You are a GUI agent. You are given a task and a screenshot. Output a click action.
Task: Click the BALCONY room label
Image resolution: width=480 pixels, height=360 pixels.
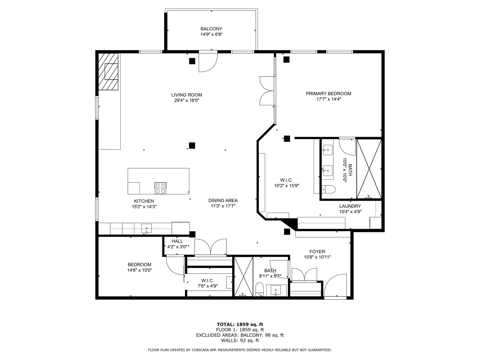pyautogui.click(x=211, y=28)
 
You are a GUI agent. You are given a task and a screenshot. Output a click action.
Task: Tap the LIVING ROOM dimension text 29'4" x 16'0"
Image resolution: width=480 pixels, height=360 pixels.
pyautogui.click(x=187, y=100)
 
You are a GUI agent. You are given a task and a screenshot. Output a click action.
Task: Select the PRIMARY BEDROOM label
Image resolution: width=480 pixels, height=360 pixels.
pyautogui.click(x=328, y=94)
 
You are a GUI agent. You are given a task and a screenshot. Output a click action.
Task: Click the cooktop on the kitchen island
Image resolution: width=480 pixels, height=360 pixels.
pyautogui.click(x=160, y=188)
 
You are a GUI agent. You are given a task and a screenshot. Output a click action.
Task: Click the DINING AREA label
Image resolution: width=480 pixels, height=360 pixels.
pyautogui.click(x=223, y=200)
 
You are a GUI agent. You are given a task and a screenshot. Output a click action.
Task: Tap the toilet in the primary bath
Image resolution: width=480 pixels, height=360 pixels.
pyautogui.click(x=329, y=189)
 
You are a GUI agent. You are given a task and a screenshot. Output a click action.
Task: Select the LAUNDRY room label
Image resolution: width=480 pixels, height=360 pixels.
pyautogui.click(x=350, y=206)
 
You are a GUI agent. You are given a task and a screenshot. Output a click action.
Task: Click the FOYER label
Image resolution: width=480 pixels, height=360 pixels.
pyautogui.click(x=317, y=252)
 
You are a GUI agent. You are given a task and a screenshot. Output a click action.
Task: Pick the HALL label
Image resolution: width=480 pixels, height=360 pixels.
pyautogui.click(x=177, y=241)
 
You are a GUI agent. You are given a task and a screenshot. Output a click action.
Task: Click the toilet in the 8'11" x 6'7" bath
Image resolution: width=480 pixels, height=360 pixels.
pyautogui.click(x=260, y=289)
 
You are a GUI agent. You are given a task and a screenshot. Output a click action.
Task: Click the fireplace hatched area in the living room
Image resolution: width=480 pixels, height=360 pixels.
pyautogui.click(x=108, y=71)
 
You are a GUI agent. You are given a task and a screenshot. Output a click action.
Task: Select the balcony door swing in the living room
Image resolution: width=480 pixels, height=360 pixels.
pyautogui.click(x=208, y=63)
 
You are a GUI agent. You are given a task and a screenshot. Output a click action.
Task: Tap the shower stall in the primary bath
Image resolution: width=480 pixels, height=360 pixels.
pyautogui.click(x=369, y=169)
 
